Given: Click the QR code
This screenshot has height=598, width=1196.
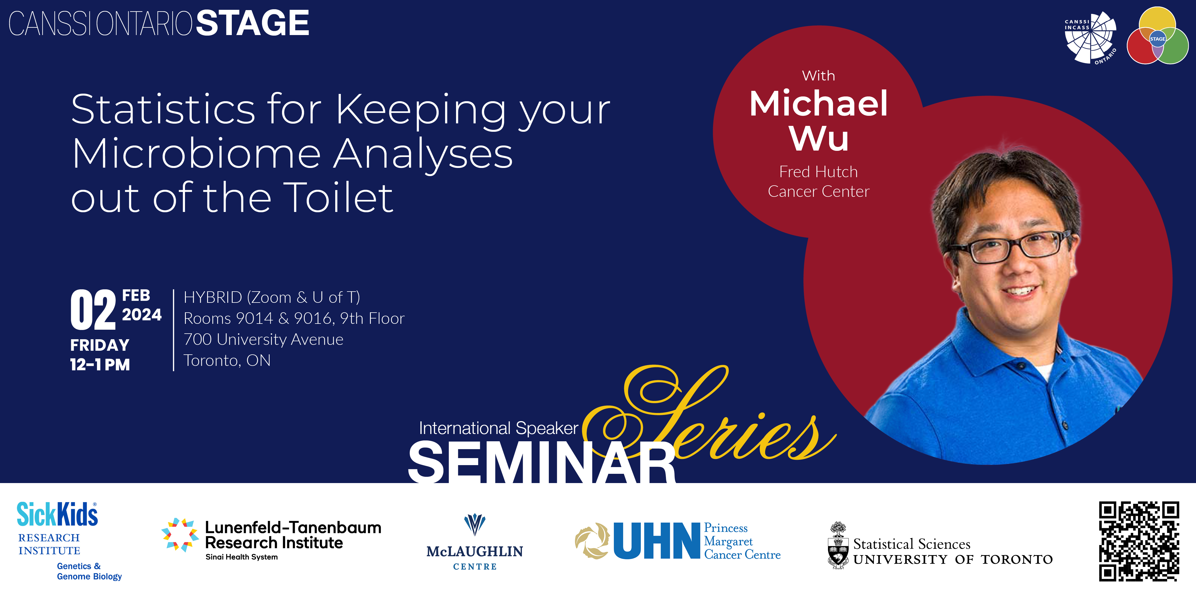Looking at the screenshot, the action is [x=1139, y=541].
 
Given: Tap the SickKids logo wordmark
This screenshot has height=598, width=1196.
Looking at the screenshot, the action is [x=57, y=514].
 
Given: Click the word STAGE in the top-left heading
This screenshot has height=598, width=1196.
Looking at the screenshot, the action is [x=253, y=23].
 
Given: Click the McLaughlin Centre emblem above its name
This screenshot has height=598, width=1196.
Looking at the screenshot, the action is [x=475, y=525].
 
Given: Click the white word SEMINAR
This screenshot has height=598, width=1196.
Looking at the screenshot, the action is [x=542, y=462].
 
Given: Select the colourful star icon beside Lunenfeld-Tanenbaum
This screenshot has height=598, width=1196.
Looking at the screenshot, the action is [x=180, y=535].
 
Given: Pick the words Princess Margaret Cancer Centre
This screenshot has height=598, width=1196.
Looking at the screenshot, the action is [x=742, y=541].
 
